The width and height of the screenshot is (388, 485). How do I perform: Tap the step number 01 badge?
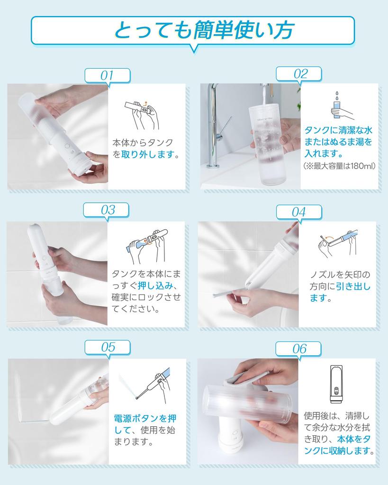[x=108, y=75]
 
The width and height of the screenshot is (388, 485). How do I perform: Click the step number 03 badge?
[x=107, y=210]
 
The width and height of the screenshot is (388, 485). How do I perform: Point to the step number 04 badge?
[x=299, y=212]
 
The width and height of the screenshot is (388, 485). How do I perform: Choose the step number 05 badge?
[x=108, y=348]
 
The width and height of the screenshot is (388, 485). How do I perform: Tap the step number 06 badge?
[x=298, y=349]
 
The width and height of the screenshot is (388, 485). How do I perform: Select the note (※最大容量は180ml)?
[x=339, y=166]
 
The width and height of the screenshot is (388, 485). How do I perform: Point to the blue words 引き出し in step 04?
[x=353, y=286]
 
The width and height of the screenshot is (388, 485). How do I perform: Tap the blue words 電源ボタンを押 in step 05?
[x=145, y=419]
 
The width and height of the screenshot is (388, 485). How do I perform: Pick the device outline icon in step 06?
[x=336, y=384]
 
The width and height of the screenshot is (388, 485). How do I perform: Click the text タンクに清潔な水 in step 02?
[x=338, y=130]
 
